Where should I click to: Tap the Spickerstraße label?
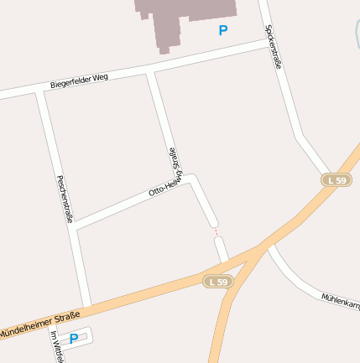coord(272,46)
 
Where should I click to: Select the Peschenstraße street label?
coord(64,197)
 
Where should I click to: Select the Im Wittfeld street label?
coord(57,348)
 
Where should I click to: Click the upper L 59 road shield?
coord(337,180)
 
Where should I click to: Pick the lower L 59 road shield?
coord(217,283)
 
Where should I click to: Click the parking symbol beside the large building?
coord(222,30)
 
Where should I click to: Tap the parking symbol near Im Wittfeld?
coord(73,339)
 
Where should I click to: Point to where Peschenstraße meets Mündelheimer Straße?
coord(86,306)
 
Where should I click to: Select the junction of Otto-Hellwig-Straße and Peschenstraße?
coord(77,226)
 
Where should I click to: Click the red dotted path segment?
coord(216,231)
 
